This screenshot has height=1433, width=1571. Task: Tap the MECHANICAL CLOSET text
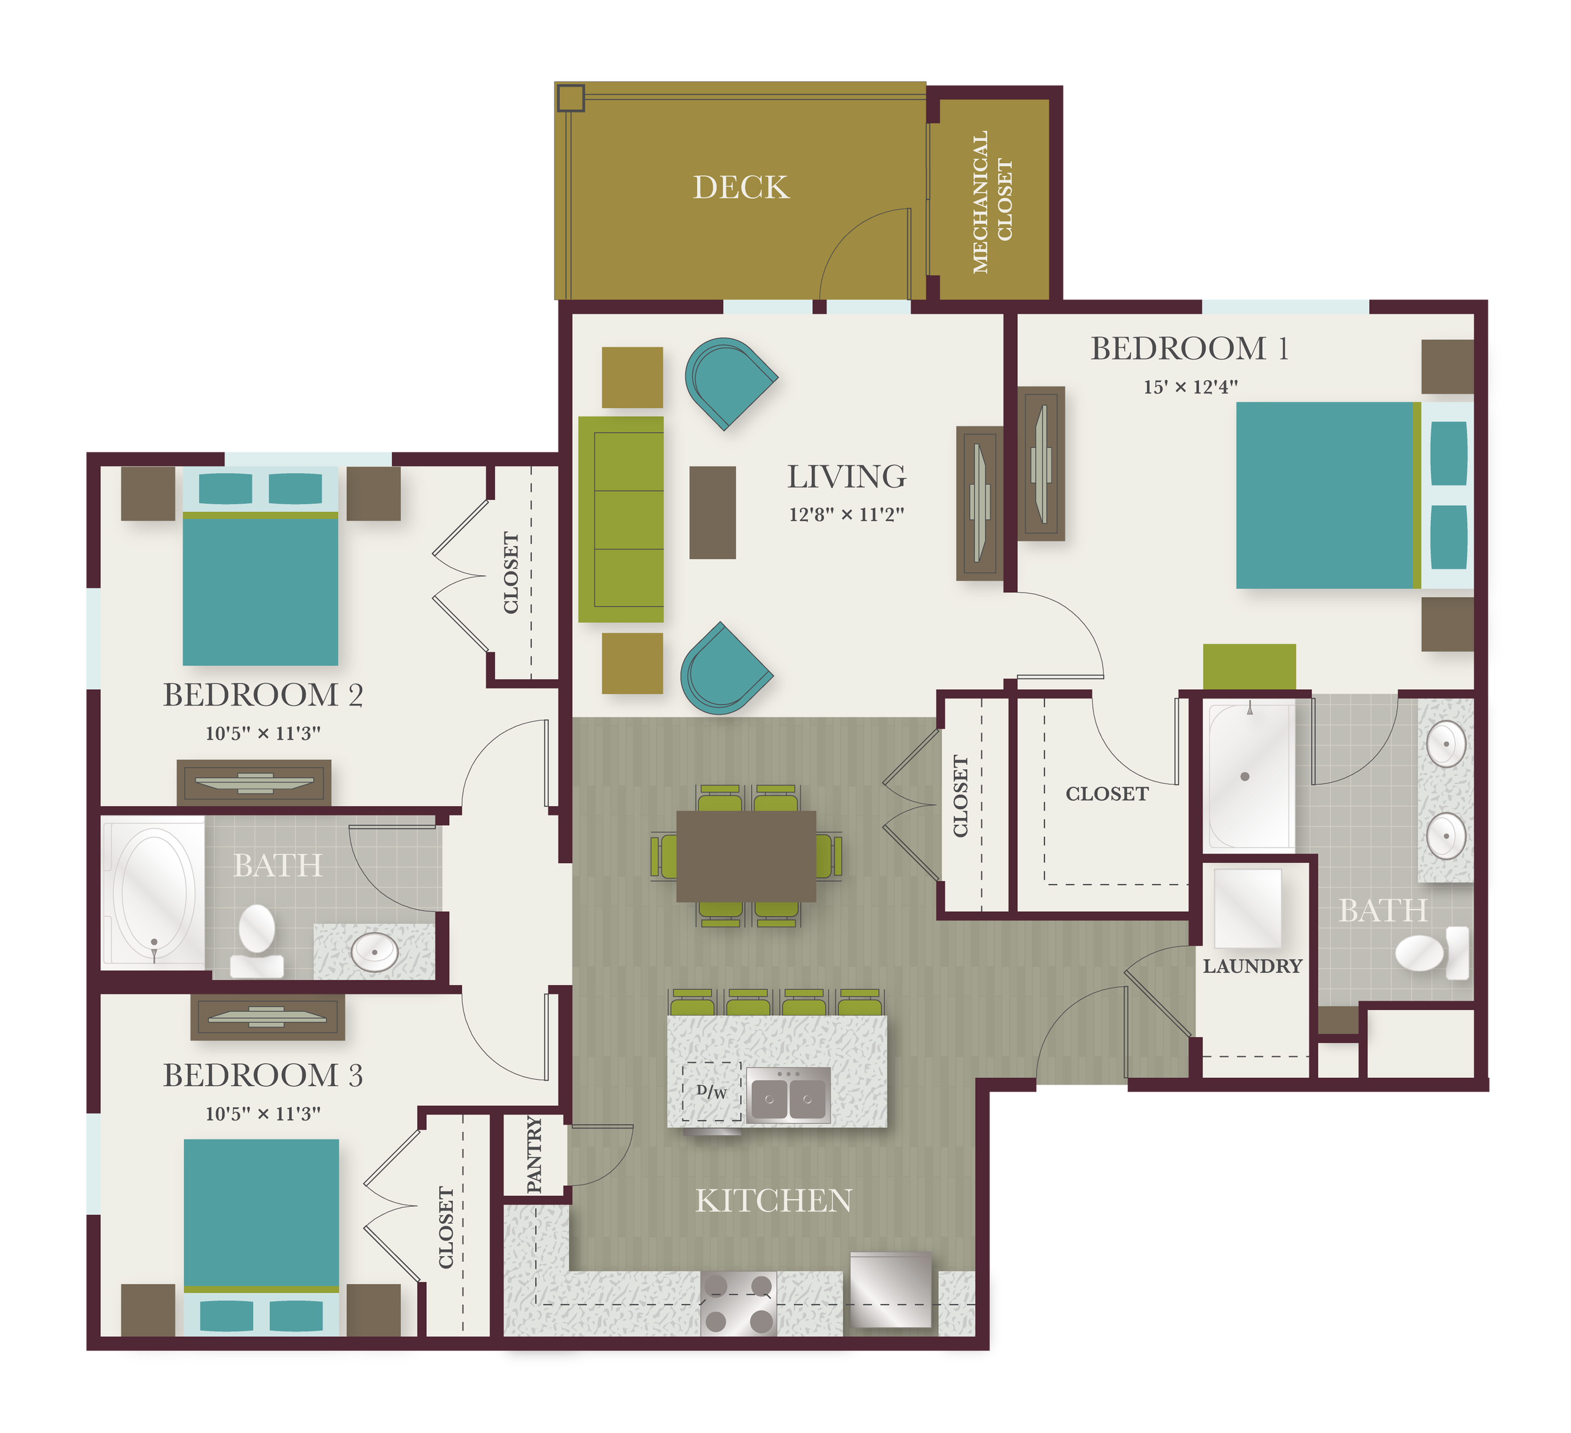point(992,201)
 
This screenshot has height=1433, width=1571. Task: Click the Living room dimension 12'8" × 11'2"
point(846,515)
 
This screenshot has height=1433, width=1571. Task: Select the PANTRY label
point(534,1154)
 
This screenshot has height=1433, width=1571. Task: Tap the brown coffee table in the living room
point(712,512)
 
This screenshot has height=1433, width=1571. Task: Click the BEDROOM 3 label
point(263,1076)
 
